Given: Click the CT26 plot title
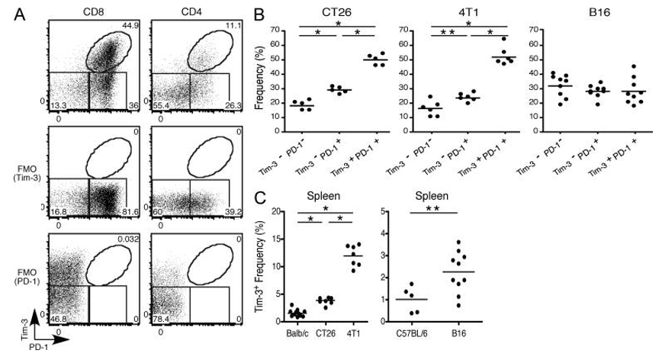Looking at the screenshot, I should [330, 13].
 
